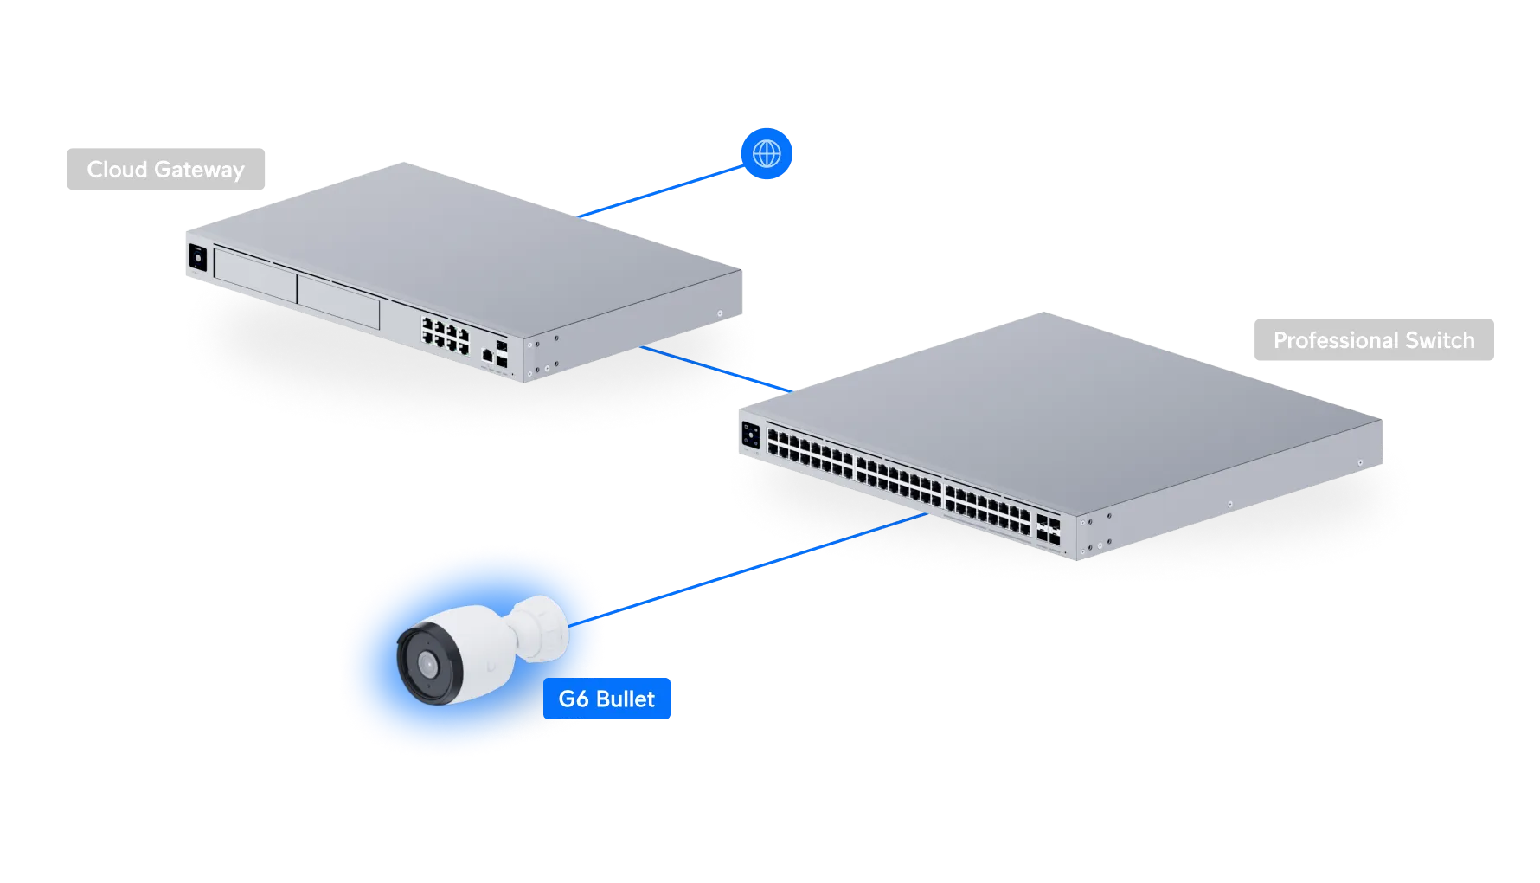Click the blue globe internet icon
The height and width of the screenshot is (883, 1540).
[x=767, y=153]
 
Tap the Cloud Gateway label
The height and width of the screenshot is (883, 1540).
[x=165, y=170]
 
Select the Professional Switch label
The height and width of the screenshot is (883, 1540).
[x=1373, y=341]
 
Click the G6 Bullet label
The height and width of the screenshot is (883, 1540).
[x=606, y=698]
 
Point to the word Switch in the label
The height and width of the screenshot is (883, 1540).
[x=1440, y=341]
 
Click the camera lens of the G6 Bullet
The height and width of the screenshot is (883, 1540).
[x=427, y=664]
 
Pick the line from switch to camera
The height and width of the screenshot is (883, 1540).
[x=761, y=567]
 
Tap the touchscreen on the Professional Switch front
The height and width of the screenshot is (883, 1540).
[x=750, y=435]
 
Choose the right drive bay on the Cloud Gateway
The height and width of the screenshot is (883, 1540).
[x=338, y=300]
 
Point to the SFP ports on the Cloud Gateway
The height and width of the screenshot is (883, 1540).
[x=502, y=350]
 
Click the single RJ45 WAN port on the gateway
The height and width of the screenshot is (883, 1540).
[x=487, y=353]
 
